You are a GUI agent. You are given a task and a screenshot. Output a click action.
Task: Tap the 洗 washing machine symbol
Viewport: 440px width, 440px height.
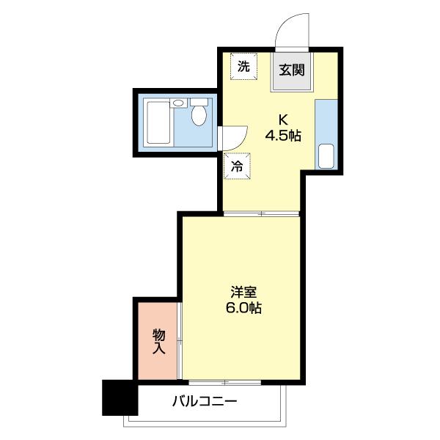coord(242,65)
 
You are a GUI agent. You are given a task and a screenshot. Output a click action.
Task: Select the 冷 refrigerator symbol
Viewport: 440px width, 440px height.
coord(237,166)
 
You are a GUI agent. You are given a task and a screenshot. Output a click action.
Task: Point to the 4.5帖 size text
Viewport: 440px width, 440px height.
coord(282,136)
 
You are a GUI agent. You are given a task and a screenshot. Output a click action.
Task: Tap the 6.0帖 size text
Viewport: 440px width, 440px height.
coord(243,308)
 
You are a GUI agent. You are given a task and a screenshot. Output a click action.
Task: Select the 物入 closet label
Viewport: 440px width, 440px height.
coord(158,342)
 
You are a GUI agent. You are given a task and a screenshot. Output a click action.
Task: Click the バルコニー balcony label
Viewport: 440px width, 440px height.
coord(205,402)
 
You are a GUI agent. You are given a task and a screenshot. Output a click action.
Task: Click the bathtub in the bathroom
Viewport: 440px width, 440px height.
coord(158,122)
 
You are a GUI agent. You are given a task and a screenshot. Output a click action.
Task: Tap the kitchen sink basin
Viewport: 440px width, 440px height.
coord(326,156)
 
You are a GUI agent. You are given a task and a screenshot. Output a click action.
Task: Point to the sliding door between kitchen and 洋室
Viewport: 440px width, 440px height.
coord(261,214)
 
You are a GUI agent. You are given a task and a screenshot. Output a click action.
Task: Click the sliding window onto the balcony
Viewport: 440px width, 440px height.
coord(226,383)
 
